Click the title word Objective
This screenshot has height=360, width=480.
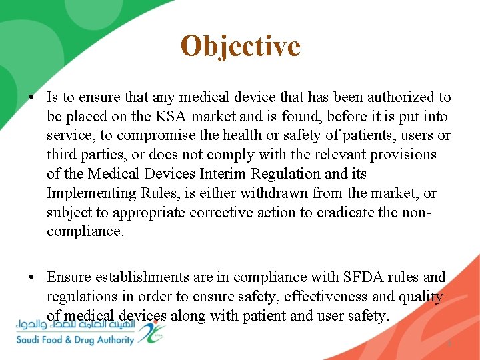[240, 46]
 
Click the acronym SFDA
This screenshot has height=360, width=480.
[365, 277]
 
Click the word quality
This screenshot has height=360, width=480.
[421, 296]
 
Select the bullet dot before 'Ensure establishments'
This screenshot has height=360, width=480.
[31, 277]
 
